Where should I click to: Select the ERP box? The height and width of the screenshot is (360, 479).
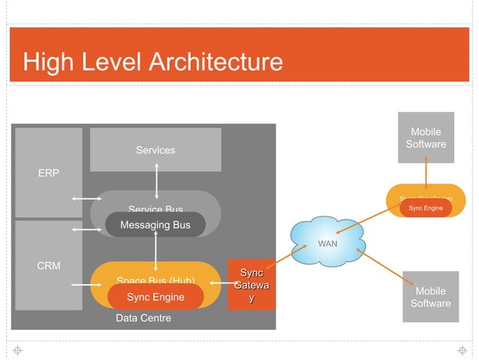tap(49, 172)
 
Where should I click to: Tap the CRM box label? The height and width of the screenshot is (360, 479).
tap(49, 265)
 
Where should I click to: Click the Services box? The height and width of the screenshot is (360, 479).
tap(155, 150)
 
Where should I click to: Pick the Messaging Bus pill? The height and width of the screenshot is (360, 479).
tap(155, 225)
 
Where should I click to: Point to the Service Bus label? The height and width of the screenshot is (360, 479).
tap(155, 209)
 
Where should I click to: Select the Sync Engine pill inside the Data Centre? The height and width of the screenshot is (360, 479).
tap(155, 297)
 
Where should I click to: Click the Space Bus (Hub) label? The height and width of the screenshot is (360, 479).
tap(155, 281)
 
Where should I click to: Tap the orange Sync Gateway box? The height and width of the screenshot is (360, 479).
tap(252, 286)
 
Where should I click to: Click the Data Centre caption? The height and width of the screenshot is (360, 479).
tap(143, 318)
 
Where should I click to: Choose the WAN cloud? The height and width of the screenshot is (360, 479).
tap(327, 244)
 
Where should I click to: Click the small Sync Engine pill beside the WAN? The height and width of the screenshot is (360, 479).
tap(425, 207)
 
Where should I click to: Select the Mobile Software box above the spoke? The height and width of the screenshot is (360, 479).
tap(426, 138)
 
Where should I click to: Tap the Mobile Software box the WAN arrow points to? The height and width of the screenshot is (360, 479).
tap(430, 297)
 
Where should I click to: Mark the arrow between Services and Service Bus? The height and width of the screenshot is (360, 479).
tap(156, 180)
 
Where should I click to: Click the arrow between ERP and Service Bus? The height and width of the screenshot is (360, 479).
tap(86, 199)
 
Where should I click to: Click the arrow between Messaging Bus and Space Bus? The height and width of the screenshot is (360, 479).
tap(155, 253)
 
